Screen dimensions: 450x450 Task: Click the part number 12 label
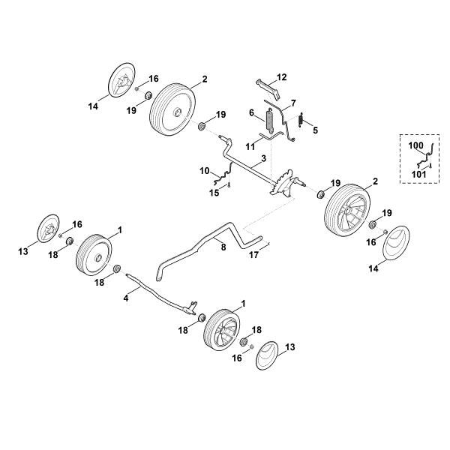tap(281, 77)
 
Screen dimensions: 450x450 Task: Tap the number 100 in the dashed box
tap(415, 145)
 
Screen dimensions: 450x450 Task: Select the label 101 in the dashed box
tap(419, 174)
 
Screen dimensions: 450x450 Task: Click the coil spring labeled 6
tap(270, 121)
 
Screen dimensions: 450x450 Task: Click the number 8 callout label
tap(223, 247)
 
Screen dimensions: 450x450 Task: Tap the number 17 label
tap(253, 255)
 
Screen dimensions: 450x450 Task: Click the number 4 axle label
tap(126, 298)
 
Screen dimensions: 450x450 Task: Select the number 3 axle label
tap(263, 158)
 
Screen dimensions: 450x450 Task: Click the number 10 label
tap(205, 171)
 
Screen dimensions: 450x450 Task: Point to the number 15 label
tap(214, 193)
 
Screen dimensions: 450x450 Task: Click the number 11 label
tap(250, 147)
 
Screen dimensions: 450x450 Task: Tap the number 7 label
tap(293, 103)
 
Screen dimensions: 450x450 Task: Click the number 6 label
tap(252, 112)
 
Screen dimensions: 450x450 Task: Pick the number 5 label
tap(316, 130)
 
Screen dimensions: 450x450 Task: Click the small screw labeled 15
tap(229, 185)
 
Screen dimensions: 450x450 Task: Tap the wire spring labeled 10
tap(223, 175)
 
